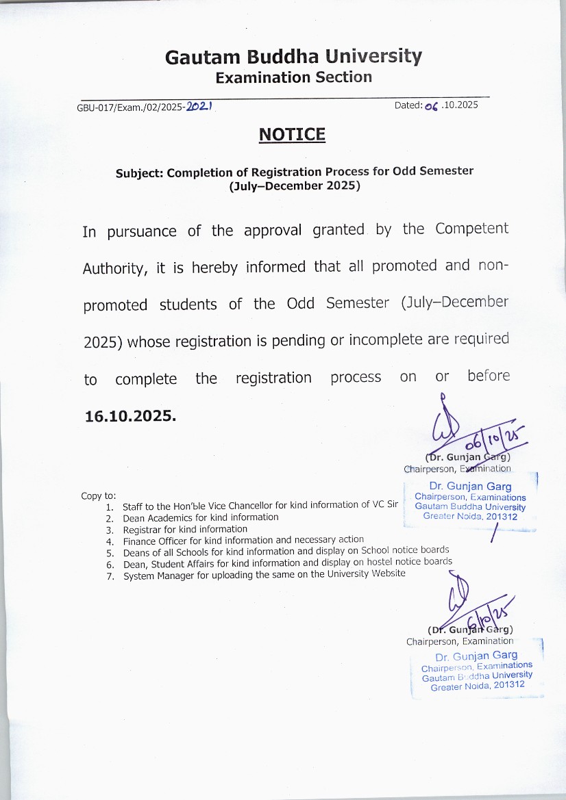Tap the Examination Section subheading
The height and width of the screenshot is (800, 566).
(293, 77)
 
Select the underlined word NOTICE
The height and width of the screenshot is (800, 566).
(292, 135)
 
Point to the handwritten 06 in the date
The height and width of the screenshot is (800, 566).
(430, 106)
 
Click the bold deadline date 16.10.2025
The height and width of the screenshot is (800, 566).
(130, 415)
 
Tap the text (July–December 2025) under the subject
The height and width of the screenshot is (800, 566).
(294, 185)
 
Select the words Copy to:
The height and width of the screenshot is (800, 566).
(99, 495)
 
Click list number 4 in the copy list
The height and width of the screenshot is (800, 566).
(109, 541)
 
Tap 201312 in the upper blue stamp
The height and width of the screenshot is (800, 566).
(503, 517)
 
